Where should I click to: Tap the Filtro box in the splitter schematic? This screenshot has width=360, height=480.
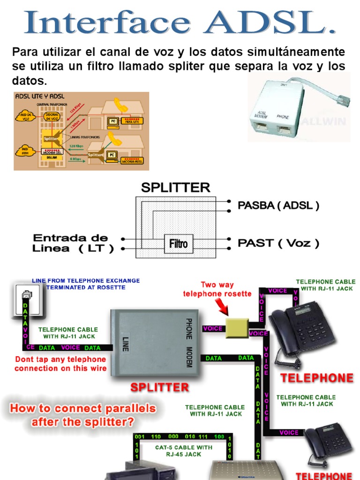pos(178,244)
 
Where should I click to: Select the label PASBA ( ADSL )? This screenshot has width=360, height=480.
pos(278,205)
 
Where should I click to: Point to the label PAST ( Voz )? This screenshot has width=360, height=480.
pos(278,243)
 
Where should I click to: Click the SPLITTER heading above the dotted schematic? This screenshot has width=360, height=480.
pos(176,187)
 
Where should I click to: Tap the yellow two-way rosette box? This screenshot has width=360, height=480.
pos(237,328)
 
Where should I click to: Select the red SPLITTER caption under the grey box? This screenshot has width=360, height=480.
pos(159,388)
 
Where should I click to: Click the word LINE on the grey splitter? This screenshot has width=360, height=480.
pos(126,345)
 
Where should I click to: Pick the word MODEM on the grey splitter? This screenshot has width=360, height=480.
pos(189,357)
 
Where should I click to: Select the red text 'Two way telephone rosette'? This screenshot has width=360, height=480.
pos(217,289)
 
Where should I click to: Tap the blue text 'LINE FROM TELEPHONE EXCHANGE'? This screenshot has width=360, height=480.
pos(86,281)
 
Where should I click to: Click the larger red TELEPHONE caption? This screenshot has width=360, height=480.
pos(317,378)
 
